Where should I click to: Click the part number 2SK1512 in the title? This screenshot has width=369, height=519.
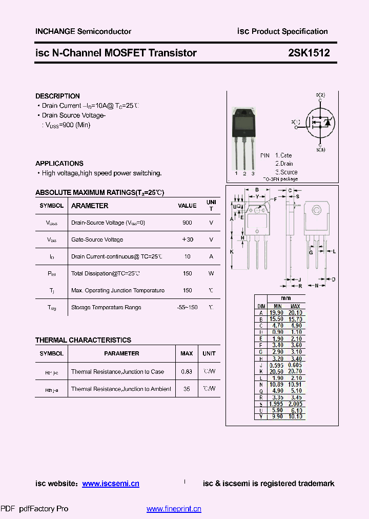click(309, 53)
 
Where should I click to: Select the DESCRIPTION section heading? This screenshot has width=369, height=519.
click(57, 96)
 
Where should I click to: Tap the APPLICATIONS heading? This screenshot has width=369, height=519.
click(59, 163)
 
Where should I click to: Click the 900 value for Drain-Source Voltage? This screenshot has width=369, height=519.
click(187, 223)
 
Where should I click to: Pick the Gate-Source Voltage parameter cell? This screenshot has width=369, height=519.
click(97, 239)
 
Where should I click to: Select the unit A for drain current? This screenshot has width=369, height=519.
click(211, 256)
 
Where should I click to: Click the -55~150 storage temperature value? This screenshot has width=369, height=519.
click(187, 307)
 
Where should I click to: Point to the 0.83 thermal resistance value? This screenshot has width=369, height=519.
click(187, 371)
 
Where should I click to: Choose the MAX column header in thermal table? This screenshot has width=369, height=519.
click(187, 353)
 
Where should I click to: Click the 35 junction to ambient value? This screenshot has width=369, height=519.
click(187, 389)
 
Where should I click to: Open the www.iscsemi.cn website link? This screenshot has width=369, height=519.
click(111, 484)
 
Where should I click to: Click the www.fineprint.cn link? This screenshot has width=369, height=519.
click(174, 509)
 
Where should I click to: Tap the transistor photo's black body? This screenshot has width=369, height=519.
click(243, 124)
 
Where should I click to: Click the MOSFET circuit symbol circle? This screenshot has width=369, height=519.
click(320, 123)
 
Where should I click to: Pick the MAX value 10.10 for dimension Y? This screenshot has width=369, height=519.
click(295, 416)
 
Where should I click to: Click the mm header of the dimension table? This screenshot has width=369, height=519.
click(286, 298)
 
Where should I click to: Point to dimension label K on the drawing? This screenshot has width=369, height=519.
click(232, 252)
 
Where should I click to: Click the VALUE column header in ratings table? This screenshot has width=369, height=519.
click(187, 206)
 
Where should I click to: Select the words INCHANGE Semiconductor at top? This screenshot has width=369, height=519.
click(83, 31)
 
